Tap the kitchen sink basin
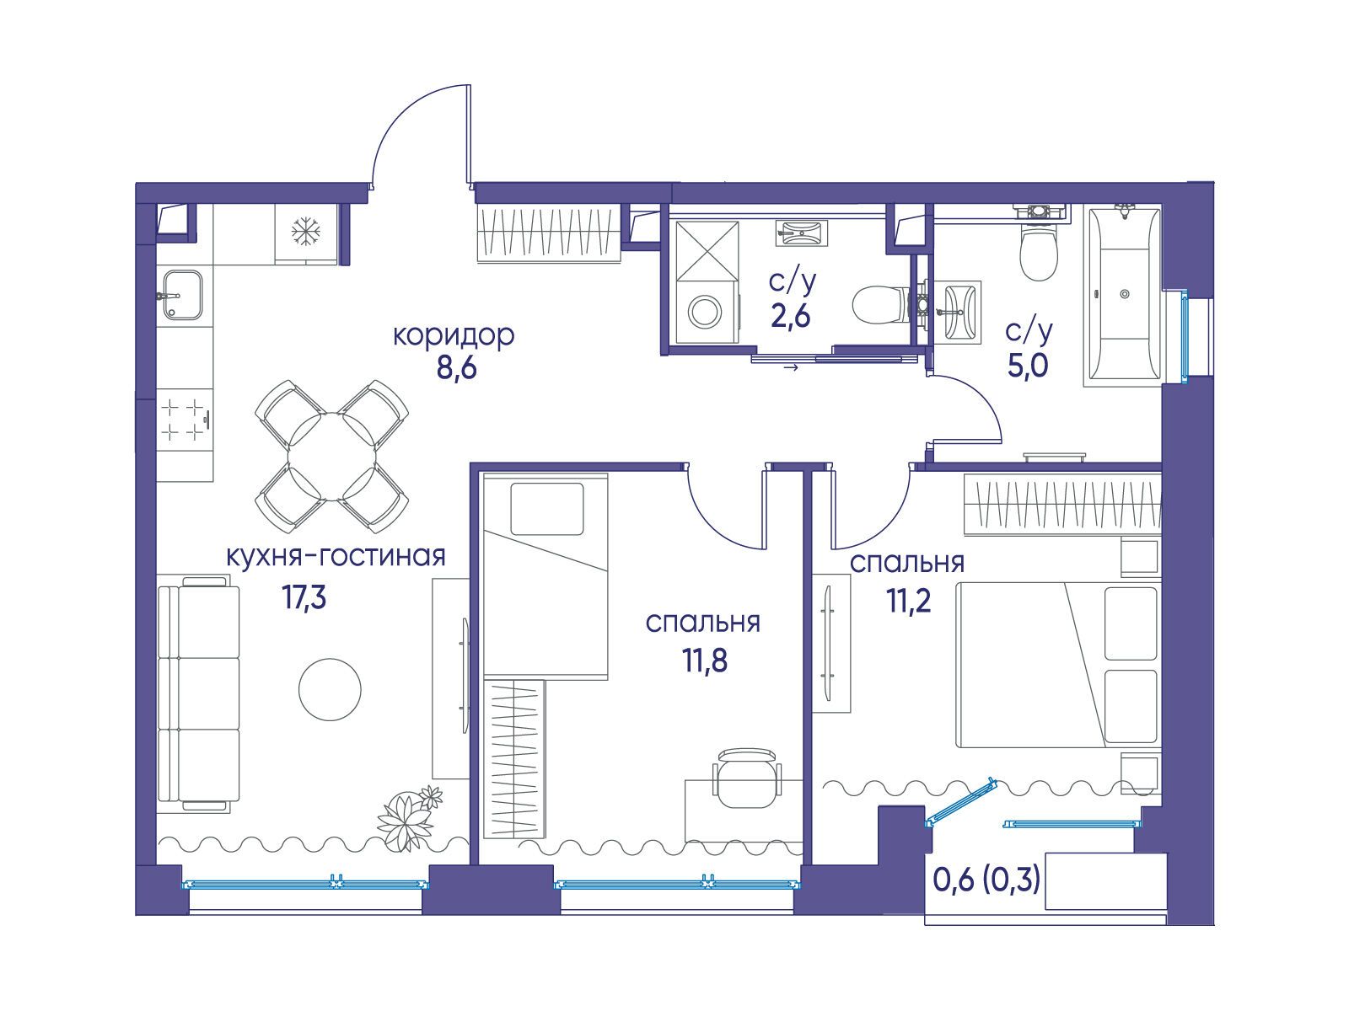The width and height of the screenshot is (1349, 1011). tap(182, 295)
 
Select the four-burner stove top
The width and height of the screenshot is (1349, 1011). tap(184, 420)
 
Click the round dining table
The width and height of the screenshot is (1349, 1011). tap(332, 457)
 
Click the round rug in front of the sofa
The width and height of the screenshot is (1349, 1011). tap(330, 690)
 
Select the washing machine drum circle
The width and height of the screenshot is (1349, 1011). tap(705, 312)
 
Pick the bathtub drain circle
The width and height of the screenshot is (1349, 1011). tap(1125, 294)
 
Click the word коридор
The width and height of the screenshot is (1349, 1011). tap(454, 336)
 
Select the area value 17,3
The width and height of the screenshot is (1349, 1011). tap(304, 596)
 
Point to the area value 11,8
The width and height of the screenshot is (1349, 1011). tap(704, 661)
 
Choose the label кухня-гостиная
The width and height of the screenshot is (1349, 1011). tap(336, 558)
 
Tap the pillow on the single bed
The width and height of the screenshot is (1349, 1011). tap(547, 509)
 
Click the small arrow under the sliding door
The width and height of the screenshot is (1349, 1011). tap(792, 368)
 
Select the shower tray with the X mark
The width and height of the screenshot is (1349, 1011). tap(707, 252)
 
